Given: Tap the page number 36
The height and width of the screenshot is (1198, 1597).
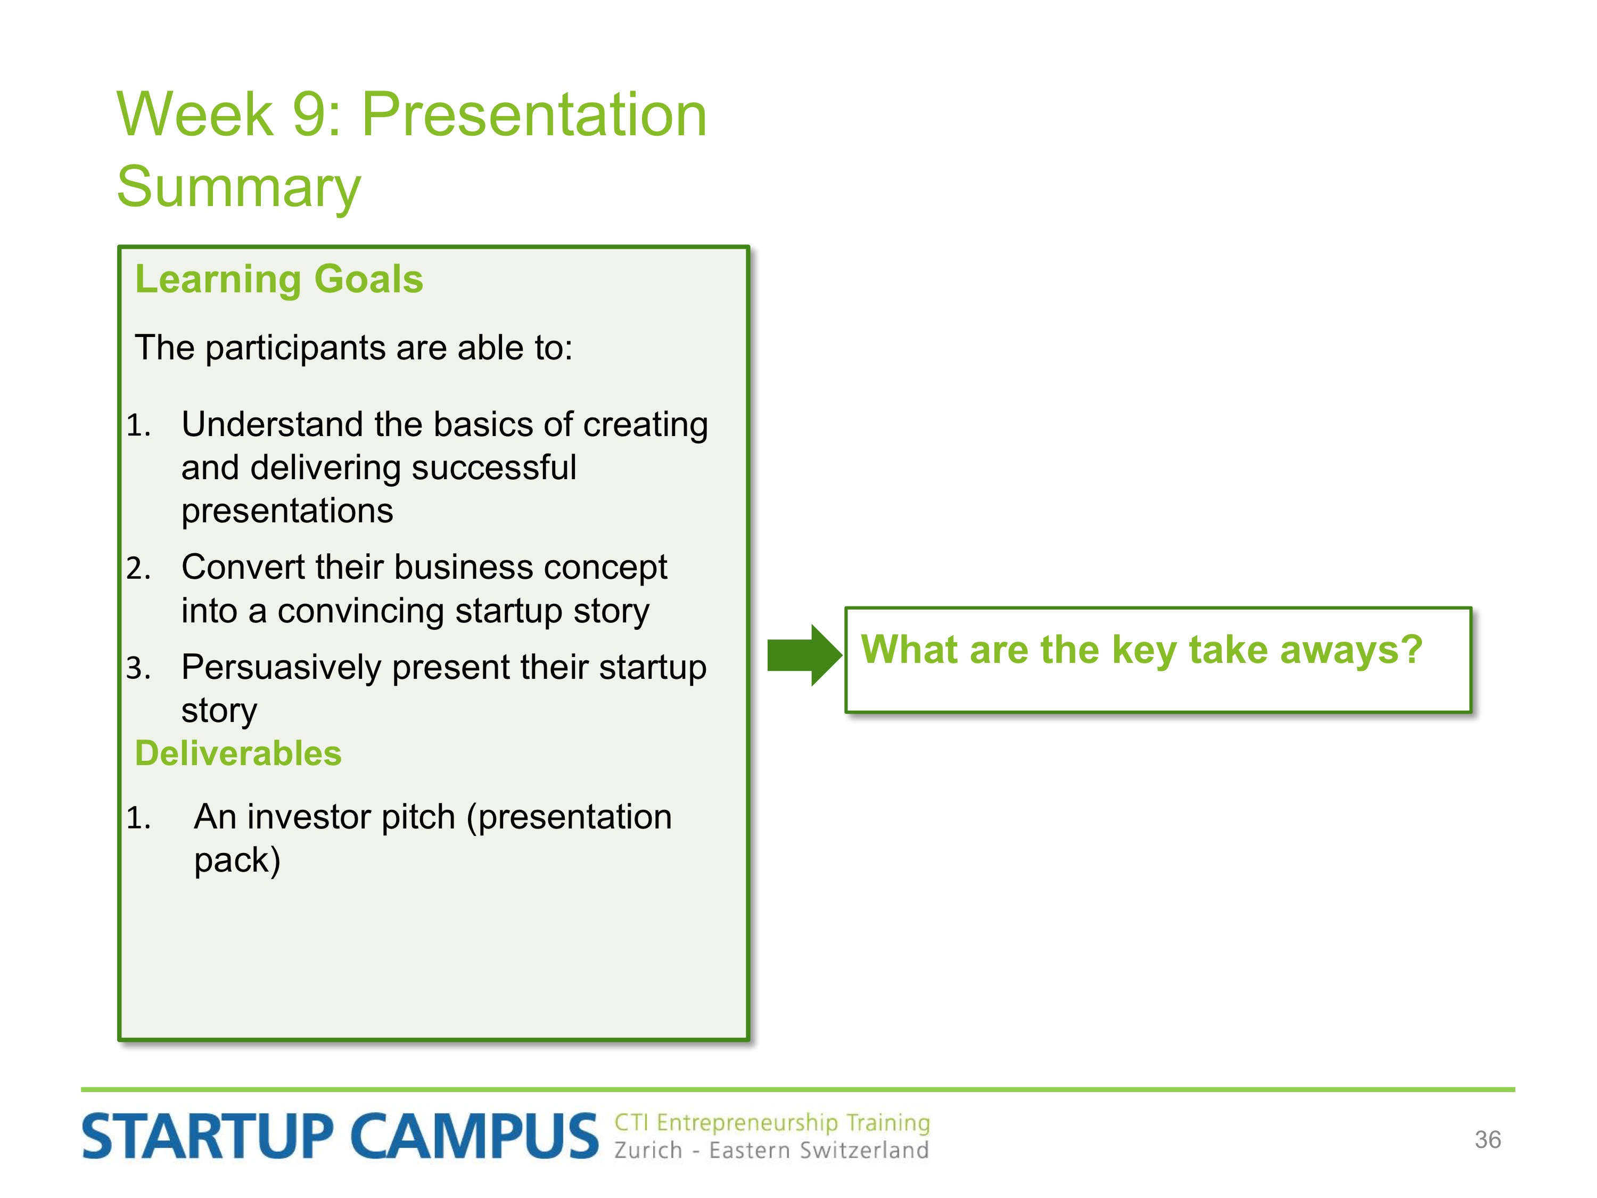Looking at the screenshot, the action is (1487, 1139).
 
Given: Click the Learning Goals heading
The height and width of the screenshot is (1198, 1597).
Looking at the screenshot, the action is (279, 280).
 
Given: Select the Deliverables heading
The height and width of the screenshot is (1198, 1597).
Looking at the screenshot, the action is (238, 753).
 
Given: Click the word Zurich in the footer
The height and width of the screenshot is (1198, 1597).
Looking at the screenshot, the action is (648, 1150).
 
